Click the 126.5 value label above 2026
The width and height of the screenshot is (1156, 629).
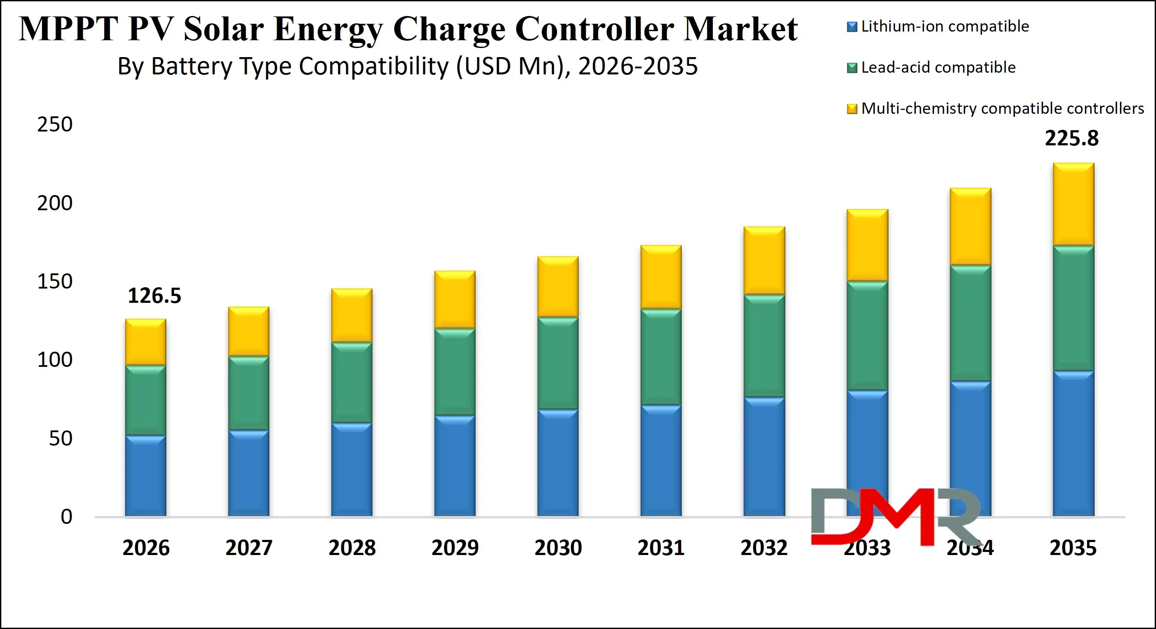coord(155,295)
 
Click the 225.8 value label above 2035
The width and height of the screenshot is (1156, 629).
coord(1072,138)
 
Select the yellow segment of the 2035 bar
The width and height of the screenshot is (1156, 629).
coord(1073,204)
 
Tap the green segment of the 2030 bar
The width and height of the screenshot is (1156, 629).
coord(558,363)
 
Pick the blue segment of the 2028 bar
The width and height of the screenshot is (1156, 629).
coord(352,469)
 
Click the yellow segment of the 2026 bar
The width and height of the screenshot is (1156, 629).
coord(145,342)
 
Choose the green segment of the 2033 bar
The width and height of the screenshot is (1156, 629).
coord(867,336)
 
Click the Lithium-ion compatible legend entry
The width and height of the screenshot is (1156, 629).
coord(945,26)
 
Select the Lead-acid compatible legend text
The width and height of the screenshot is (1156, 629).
coord(938,67)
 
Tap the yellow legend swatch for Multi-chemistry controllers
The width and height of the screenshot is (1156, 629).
coord(851,109)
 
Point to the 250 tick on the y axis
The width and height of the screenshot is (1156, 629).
coord(55,124)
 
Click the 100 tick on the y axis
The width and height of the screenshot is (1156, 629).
coord(55,360)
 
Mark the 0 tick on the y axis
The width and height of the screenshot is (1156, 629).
coord(66,517)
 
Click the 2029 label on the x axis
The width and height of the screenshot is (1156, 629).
coord(455,548)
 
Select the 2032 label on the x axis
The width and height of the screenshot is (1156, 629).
coord(764,548)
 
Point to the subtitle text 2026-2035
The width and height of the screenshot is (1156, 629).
coord(638,66)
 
